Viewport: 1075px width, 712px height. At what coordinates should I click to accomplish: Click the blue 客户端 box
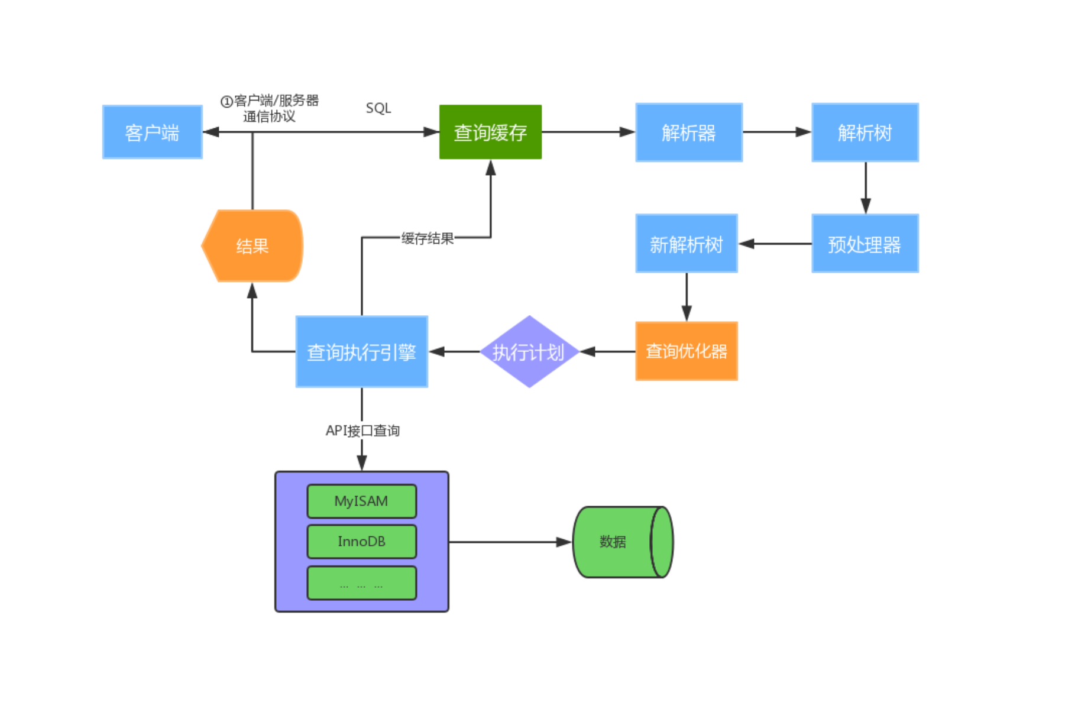(x=153, y=132)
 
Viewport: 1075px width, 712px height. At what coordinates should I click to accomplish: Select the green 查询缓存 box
(x=490, y=132)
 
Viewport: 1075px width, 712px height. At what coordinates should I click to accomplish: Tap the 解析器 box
(x=688, y=132)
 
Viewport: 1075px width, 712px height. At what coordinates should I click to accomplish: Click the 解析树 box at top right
(x=864, y=132)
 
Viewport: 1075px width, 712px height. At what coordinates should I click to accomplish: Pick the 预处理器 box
(x=864, y=244)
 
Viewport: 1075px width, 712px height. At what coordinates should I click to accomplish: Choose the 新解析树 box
(x=686, y=244)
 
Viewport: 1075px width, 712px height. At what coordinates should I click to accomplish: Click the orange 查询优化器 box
(x=686, y=351)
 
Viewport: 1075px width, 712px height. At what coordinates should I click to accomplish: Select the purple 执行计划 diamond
(x=529, y=352)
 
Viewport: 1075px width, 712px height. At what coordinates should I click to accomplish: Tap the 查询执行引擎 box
(x=361, y=352)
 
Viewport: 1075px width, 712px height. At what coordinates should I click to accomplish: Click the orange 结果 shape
(x=252, y=245)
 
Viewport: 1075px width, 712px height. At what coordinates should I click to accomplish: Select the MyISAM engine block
(x=361, y=501)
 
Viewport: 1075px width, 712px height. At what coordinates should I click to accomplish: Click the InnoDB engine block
(x=361, y=542)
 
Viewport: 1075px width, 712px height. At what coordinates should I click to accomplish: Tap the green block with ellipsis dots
(x=361, y=583)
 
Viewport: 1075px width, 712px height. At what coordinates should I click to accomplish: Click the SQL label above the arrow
(x=378, y=108)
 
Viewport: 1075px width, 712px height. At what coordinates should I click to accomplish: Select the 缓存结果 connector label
(x=427, y=238)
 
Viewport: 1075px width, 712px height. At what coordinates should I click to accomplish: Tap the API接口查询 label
(x=362, y=431)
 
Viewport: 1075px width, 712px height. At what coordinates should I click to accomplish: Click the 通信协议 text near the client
(x=269, y=116)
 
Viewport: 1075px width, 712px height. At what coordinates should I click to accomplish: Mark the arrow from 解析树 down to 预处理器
(x=865, y=187)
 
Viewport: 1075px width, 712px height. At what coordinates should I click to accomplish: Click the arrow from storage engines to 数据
(x=509, y=542)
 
